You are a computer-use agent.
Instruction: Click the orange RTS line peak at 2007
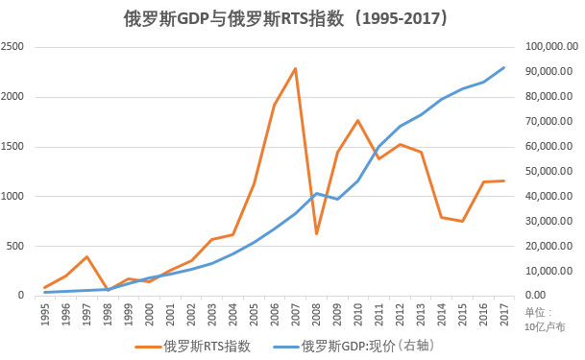295,68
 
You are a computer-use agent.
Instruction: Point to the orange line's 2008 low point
316,233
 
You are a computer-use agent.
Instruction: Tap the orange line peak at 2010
357,120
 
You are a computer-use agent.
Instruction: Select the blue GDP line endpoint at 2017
504,67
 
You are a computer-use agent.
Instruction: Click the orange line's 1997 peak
86,256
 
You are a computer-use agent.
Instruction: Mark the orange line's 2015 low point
462,222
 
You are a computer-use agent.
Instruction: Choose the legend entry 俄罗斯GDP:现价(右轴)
366,346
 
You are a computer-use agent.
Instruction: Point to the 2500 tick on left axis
13,47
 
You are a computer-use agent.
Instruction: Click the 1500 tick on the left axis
13,147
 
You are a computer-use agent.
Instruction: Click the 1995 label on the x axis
45,314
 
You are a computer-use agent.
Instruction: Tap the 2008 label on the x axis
316,314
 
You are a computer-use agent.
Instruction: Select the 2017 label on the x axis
504,314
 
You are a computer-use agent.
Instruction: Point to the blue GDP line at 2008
316,193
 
